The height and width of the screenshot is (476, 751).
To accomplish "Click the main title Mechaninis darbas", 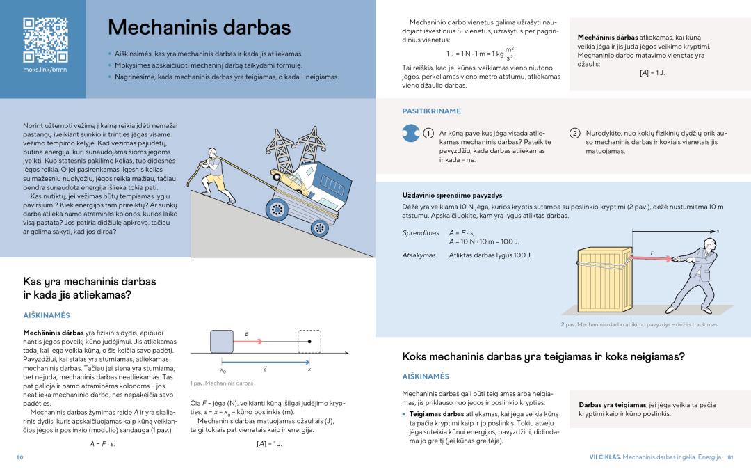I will click(199, 28).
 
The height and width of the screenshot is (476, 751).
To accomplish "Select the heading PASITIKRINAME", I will click(431, 111).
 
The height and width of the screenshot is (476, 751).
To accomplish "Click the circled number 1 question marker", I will click(429, 133).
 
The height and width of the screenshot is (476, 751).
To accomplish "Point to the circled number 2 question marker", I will click(574, 133).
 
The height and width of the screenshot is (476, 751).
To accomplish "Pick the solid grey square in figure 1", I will click(222, 342).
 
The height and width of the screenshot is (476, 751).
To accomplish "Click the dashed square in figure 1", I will click(309, 342).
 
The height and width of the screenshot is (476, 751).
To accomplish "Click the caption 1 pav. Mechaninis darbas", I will click(221, 383).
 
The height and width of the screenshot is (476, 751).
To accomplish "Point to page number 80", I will click(20, 457).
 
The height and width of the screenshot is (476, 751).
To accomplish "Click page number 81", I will click(731, 457).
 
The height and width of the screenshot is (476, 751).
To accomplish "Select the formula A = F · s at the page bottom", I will click(102, 443).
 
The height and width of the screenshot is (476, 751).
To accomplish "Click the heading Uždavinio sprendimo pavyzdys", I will click(452, 195).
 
